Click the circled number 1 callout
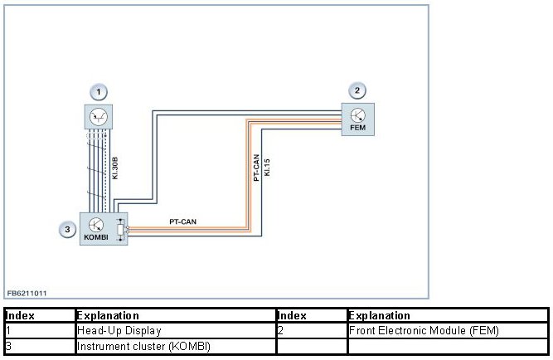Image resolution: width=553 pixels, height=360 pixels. (x=99, y=91)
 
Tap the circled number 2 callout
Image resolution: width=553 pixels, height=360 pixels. (x=357, y=91)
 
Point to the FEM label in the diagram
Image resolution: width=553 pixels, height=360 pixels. (x=357, y=128)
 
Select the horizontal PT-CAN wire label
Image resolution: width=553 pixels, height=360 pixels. (x=182, y=221)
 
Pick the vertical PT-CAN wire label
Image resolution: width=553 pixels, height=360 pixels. (x=256, y=168)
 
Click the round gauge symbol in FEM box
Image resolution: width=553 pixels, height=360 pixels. (x=357, y=114)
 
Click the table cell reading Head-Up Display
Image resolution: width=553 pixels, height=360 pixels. (x=119, y=331)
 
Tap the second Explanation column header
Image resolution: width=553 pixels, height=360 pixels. (x=380, y=316)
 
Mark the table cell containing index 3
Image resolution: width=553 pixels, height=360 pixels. (x=8, y=345)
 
